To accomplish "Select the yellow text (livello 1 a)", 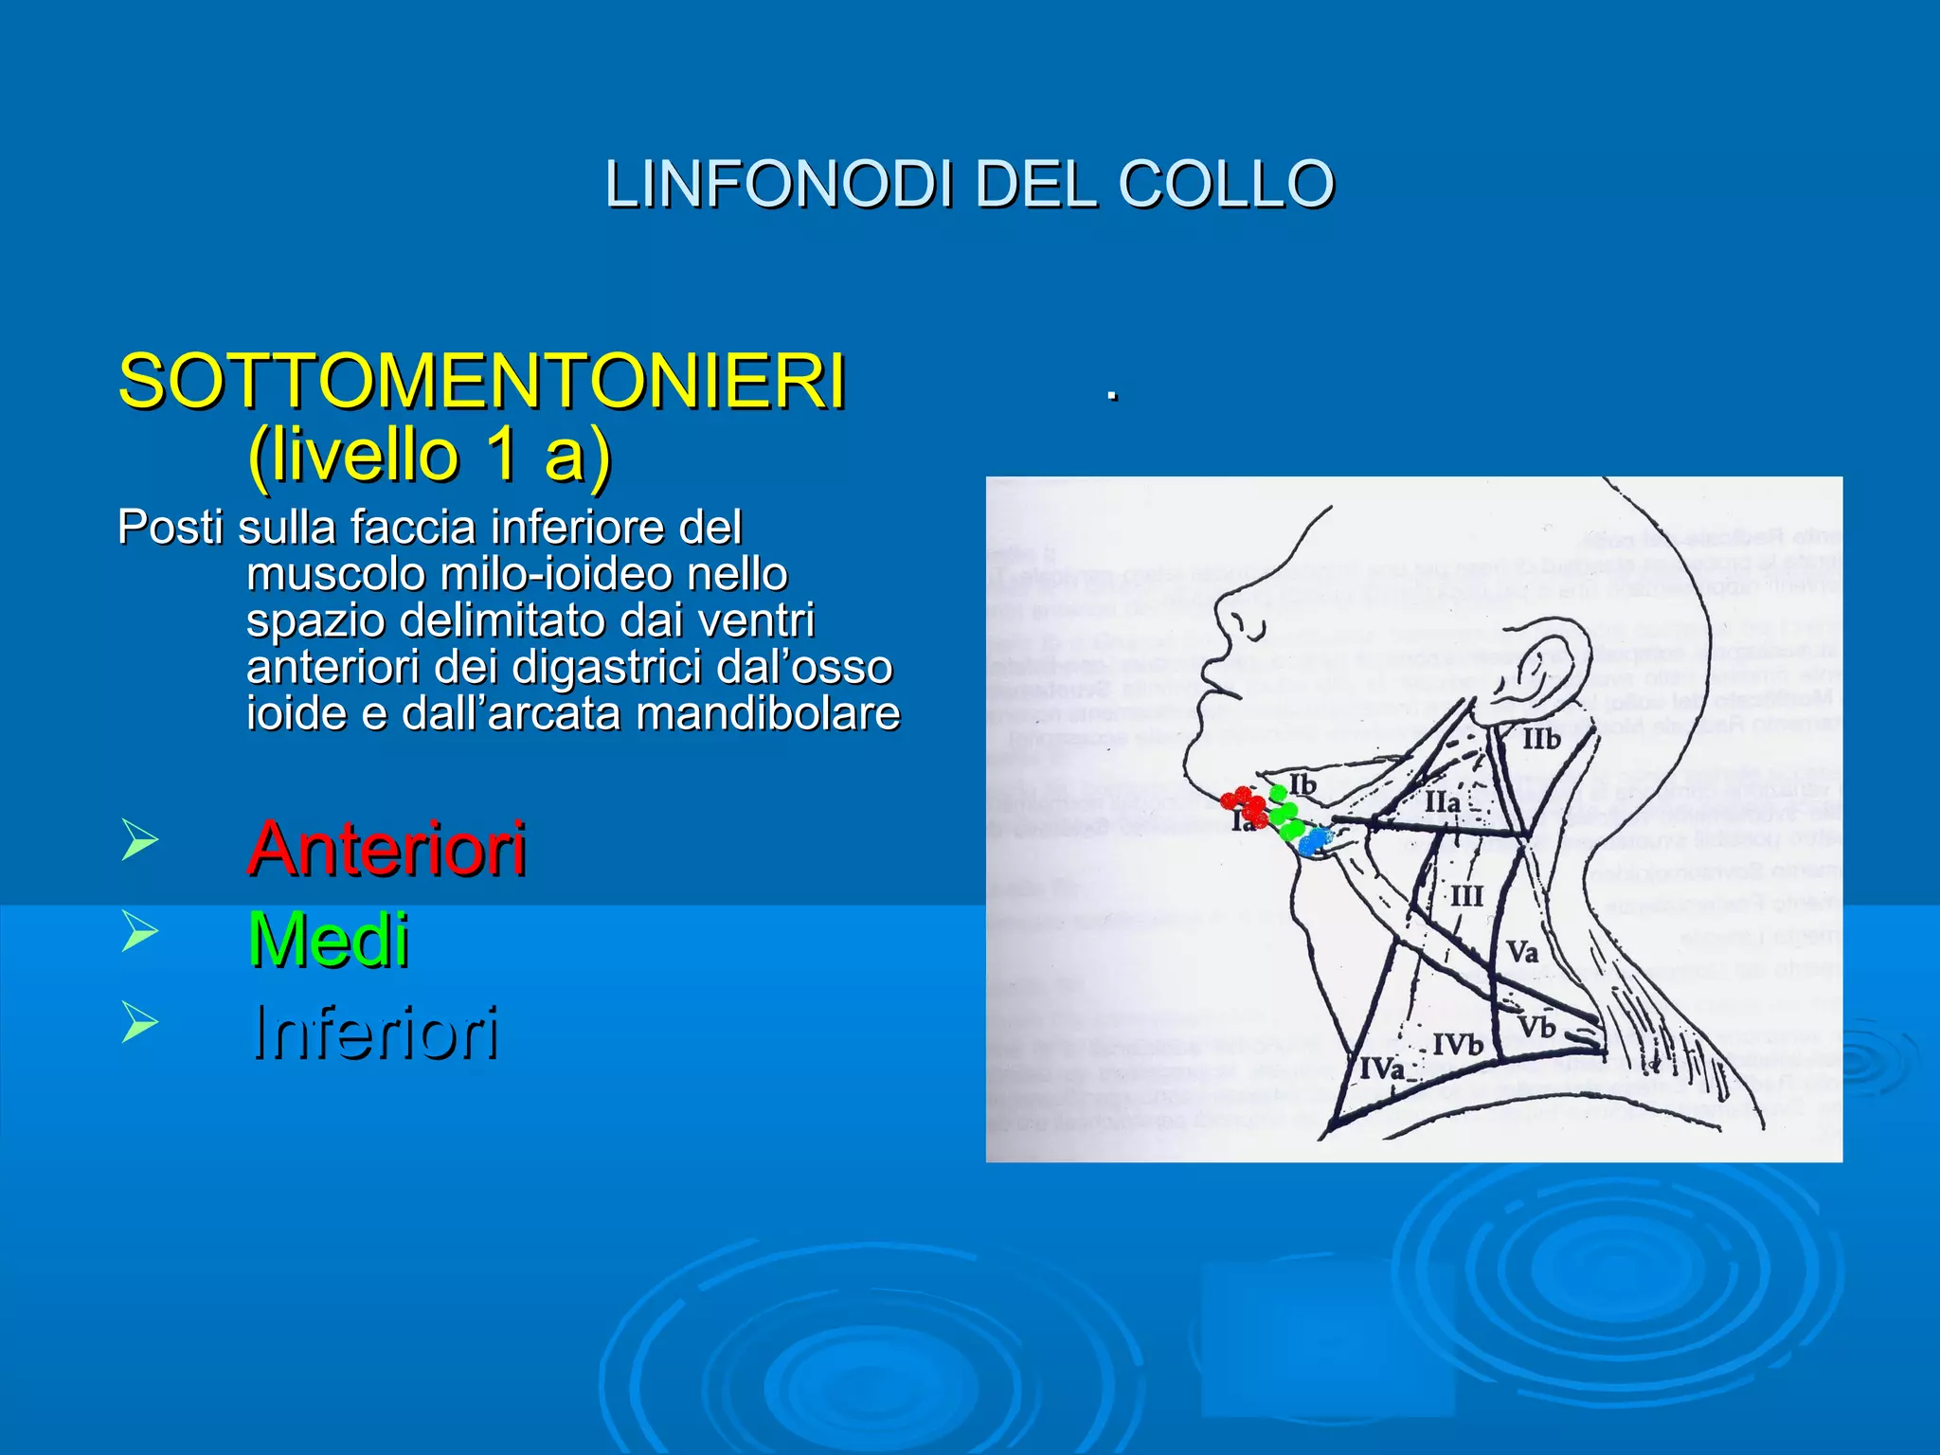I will (429, 456).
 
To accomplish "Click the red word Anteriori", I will (386, 849).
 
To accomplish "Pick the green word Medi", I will (328, 940).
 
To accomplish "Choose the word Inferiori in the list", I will (375, 1033).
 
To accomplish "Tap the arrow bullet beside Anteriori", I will (139, 839).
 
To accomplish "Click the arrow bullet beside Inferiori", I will (139, 1023).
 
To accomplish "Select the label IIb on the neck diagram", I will (1540, 739).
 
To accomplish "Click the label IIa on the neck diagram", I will (1442, 802).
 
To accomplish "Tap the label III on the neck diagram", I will (1465, 896).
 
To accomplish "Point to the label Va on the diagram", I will (1521, 951).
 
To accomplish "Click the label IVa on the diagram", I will (1382, 1069).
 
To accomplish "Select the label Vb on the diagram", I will (1536, 1027).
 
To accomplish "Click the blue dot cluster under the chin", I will (1314, 839).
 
